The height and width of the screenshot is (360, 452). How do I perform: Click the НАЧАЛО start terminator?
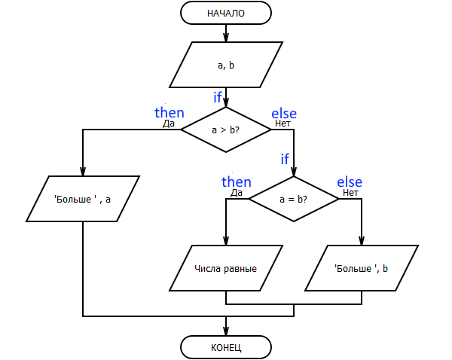click(x=226, y=13)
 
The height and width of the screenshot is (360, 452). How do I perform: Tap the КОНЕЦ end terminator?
click(x=226, y=347)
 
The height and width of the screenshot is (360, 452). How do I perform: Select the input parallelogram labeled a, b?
click(x=226, y=65)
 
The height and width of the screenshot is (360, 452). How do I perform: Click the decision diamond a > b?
click(x=226, y=130)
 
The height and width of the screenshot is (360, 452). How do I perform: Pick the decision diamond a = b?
click(x=294, y=199)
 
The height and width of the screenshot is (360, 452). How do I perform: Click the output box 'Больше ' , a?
click(x=83, y=199)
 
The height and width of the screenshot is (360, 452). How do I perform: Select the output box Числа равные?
click(x=226, y=268)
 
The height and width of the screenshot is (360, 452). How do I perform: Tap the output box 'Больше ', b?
click(x=362, y=268)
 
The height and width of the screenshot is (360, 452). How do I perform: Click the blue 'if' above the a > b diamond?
click(x=218, y=97)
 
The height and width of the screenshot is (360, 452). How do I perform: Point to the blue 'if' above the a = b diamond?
click(x=285, y=159)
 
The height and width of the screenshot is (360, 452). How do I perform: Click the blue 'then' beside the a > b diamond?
click(x=169, y=112)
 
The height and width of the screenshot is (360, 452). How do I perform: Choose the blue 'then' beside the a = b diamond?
click(x=237, y=182)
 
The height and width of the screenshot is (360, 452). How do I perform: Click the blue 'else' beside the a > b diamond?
click(x=284, y=114)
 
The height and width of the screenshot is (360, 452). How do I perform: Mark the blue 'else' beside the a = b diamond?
click(x=350, y=182)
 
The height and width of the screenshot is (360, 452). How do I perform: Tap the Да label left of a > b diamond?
click(x=169, y=124)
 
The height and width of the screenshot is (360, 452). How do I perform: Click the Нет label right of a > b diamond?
click(x=282, y=124)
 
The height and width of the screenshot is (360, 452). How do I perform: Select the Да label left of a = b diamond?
click(x=237, y=193)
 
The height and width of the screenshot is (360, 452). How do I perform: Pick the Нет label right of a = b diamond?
click(x=350, y=193)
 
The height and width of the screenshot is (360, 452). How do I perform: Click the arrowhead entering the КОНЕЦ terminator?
click(x=226, y=331)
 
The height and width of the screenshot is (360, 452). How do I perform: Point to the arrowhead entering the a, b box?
click(x=226, y=37)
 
